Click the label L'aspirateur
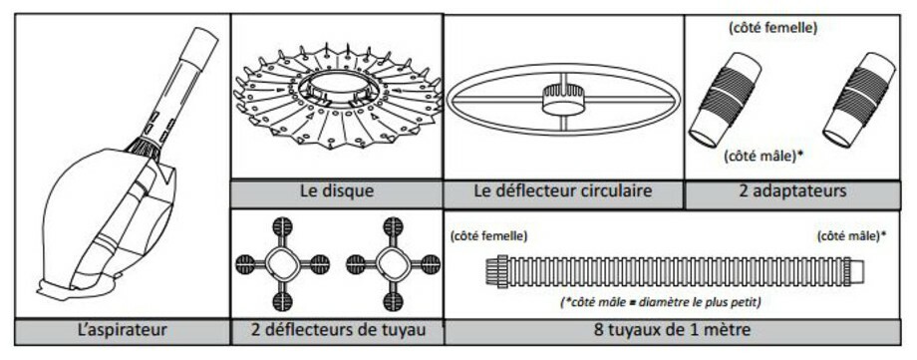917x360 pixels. click(x=122, y=331)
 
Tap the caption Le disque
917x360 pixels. click(x=336, y=191)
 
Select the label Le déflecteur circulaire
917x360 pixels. click(x=563, y=190)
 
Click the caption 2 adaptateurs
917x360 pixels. click(x=792, y=190)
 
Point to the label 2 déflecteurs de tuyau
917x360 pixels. click(x=337, y=331)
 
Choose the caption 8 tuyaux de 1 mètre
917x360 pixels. click(x=672, y=331)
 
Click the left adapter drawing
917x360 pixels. click(x=724, y=100)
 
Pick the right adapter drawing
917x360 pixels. click(x=858, y=100)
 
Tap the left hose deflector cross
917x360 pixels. click(x=282, y=264)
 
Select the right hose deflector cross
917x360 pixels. click(x=393, y=264)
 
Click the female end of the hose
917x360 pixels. click(x=496, y=271)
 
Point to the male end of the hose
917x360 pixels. click(x=855, y=270)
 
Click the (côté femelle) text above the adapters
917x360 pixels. click(x=773, y=27)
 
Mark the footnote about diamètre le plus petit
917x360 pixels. click(x=661, y=302)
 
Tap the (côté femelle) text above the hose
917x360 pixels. click(x=489, y=236)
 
